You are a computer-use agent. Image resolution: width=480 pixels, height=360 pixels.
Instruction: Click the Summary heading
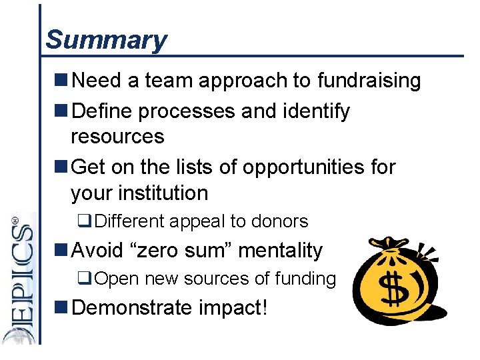click(106, 39)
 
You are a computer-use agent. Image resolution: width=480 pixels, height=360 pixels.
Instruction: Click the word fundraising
click(369, 81)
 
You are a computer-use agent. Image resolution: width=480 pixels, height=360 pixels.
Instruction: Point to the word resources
click(117, 137)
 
